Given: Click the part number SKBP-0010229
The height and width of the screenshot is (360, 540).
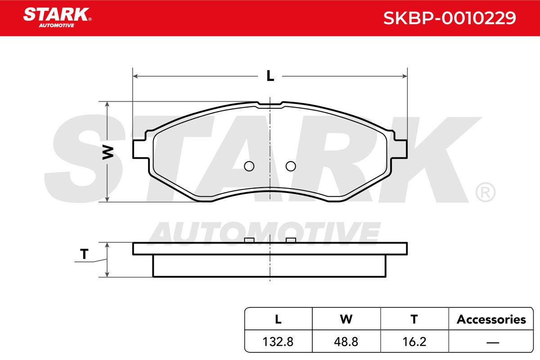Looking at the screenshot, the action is [450, 18].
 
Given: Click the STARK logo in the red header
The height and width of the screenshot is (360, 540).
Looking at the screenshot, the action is [57, 18].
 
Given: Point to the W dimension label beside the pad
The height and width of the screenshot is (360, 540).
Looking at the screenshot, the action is [108, 152].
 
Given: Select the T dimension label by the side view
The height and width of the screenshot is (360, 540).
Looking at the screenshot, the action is [84, 254].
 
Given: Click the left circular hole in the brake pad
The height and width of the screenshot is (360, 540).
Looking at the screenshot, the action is [249, 166].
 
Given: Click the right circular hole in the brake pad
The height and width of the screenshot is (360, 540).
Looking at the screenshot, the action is [291, 166].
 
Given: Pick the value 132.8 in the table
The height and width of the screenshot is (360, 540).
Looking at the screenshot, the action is [278, 342].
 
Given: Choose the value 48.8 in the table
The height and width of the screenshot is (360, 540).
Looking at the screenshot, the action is [346, 342].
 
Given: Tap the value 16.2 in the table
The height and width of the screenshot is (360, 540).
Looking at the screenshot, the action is [414, 342].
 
